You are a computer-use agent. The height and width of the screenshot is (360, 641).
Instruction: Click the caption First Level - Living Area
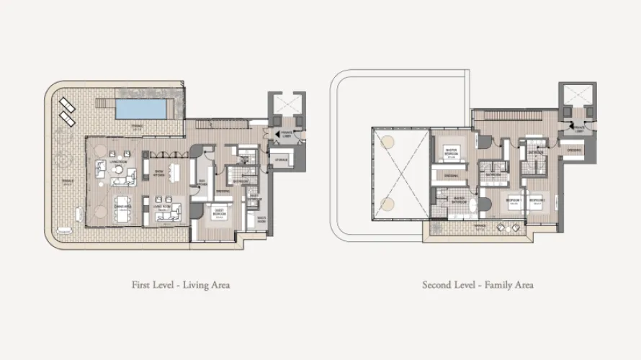click(181, 285)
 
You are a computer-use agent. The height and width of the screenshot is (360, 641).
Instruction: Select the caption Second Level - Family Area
click(478, 285)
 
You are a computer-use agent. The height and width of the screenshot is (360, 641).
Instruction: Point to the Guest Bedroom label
click(220, 212)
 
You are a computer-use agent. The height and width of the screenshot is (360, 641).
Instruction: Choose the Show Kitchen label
click(160, 172)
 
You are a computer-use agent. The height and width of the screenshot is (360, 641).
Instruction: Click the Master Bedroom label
click(452, 152)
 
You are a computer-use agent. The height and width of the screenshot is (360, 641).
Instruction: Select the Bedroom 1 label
click(514, 202)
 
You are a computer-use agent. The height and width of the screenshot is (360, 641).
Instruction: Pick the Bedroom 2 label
click(538, 202)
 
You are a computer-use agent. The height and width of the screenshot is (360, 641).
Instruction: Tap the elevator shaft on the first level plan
click(284, 104)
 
